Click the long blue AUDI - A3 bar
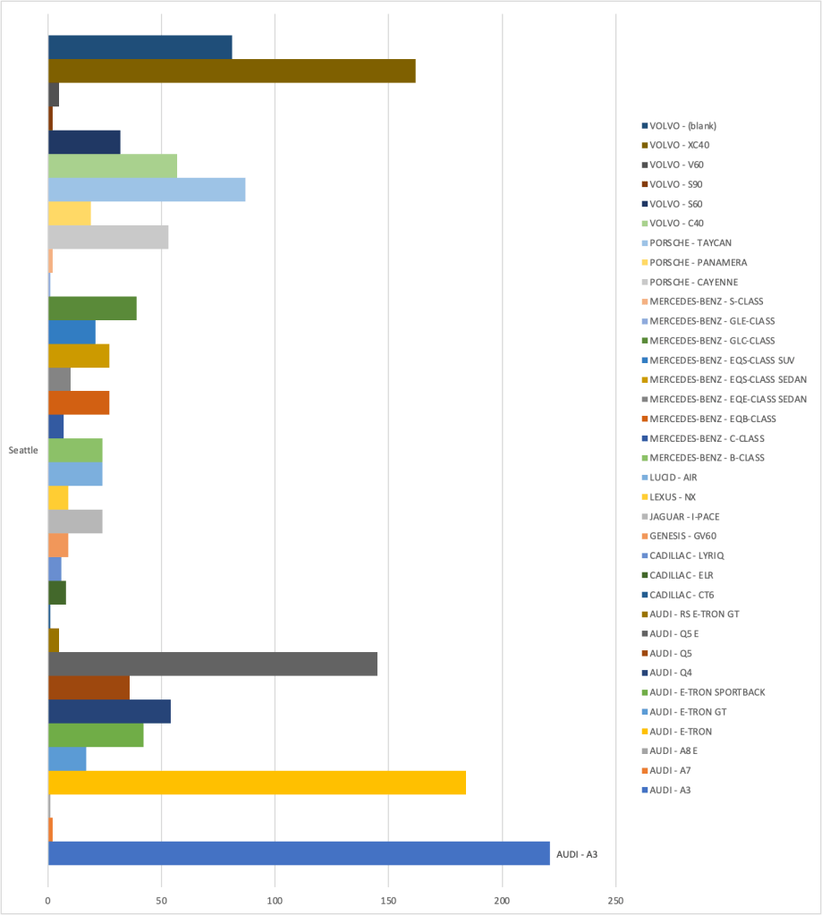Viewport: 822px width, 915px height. pyautogui.click(x=299, y=853)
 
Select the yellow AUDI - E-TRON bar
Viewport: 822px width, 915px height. pyautogui.click(x=257, y=783)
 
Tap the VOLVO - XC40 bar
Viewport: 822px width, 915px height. pyautogui.click(x=232, y=71)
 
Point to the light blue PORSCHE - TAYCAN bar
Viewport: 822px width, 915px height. pyautogui.click(x=146, y=190)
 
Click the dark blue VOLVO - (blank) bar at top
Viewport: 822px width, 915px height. pyautogui.click(x=140, y=47)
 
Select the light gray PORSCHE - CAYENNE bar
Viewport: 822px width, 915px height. pyautogui.click(x=108, y=237)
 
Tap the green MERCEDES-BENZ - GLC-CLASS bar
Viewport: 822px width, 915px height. pyautogui.click(x=92, y=308)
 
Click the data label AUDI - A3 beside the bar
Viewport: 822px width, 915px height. pyautogui.click(x=577, y=854)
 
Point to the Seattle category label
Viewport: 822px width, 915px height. pyautogui.click(x=23, y=450)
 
